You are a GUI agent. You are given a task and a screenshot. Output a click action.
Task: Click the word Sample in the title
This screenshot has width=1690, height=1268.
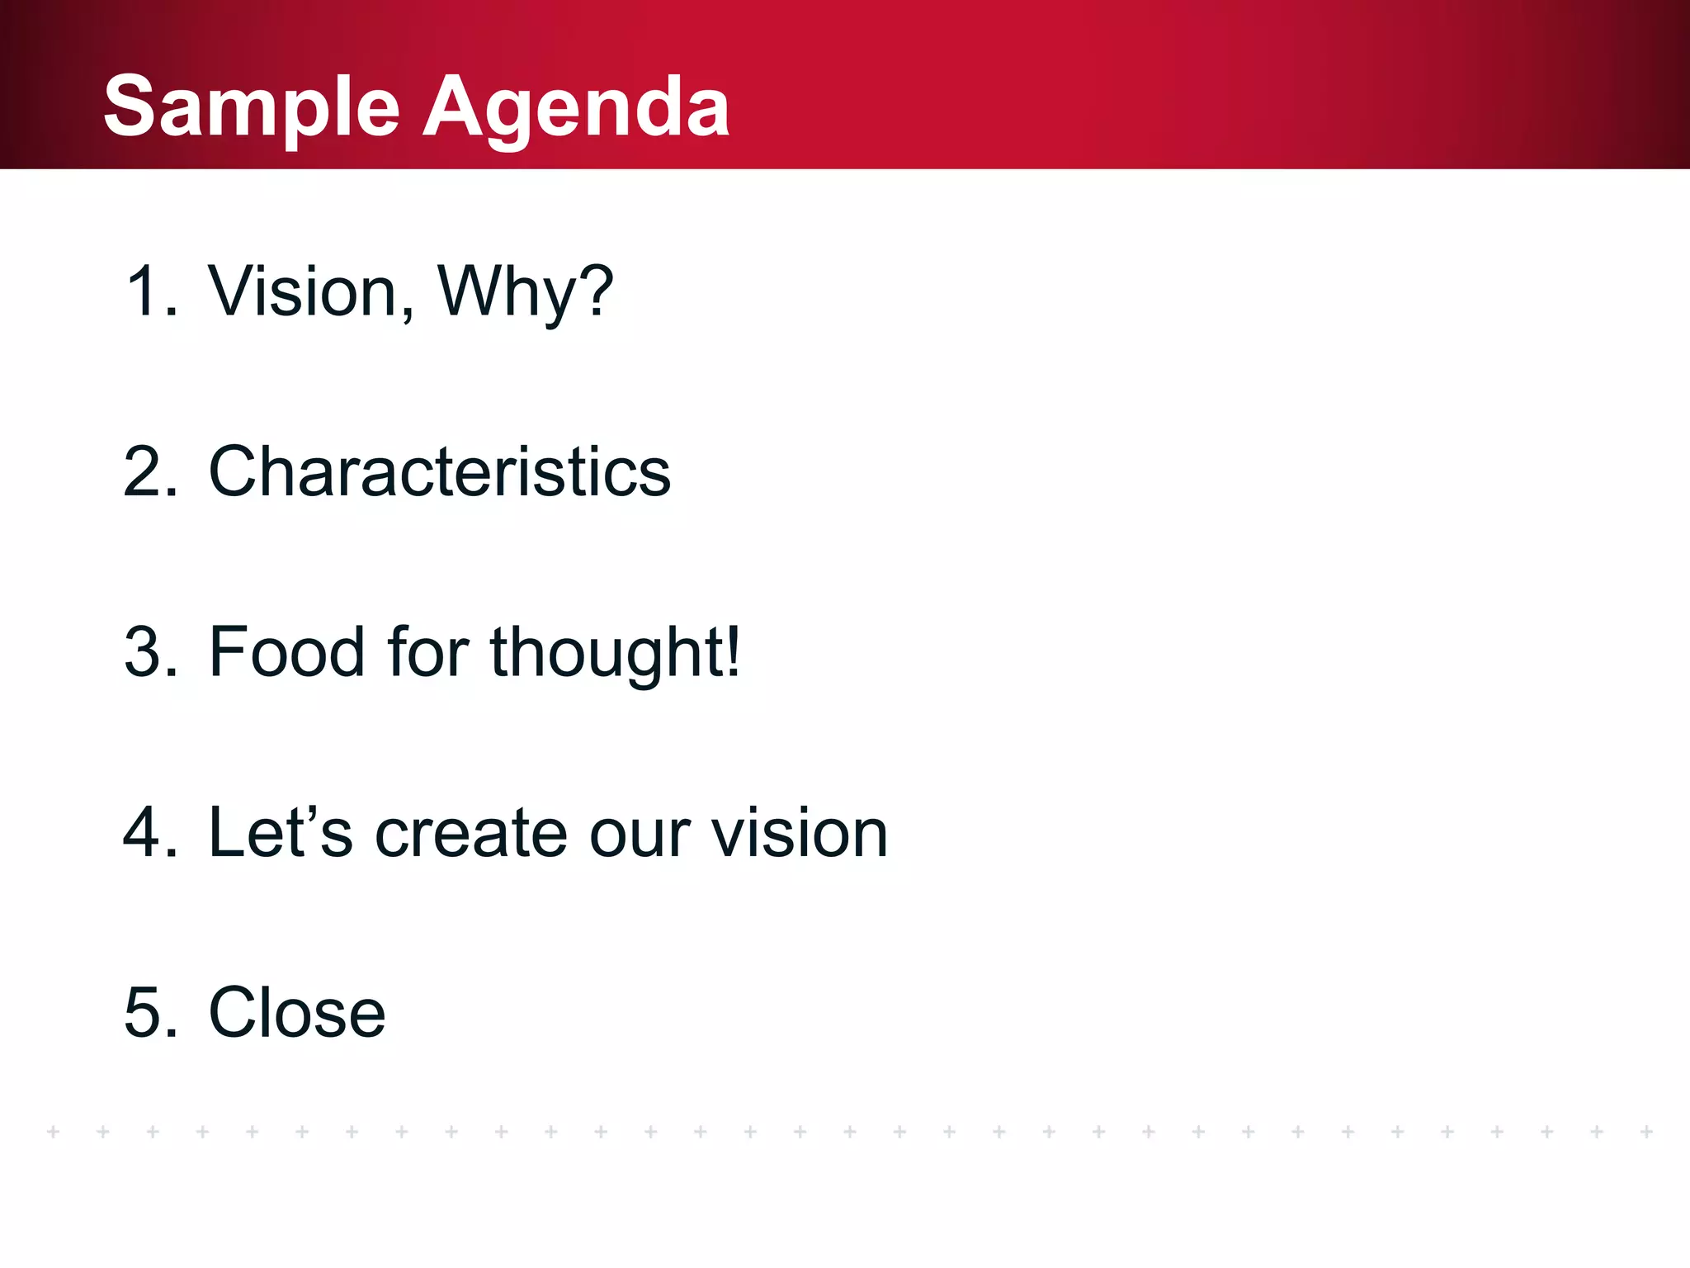(x=252, y=107)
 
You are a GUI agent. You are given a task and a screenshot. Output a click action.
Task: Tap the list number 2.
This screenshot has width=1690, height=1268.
(x=150, y=471)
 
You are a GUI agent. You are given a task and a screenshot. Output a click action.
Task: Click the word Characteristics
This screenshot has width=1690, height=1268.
(x=440, y=471)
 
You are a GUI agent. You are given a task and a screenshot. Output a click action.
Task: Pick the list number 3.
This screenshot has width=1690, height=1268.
(x=150, y=652)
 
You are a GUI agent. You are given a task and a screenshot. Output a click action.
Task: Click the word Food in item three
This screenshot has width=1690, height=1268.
(x=286, y=652)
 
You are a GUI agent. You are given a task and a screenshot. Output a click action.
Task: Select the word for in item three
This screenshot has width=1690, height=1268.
(x=427, y=652)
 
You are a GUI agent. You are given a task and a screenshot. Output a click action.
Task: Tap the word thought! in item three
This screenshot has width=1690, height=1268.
(x=616, y=652)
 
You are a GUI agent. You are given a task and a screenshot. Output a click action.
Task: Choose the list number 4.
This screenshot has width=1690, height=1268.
(x=150, y=832)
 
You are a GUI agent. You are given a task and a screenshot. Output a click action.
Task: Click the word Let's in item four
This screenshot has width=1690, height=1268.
(x=281, y=832)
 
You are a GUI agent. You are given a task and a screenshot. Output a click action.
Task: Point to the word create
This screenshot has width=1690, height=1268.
(x=471, y=832)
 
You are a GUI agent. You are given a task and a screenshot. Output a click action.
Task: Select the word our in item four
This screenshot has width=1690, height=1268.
(x=640, y=832)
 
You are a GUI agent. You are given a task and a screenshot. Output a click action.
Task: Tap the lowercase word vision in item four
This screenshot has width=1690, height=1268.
(x=799, y=832)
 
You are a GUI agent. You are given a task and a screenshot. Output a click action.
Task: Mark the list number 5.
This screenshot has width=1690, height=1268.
(x=150, y=1012)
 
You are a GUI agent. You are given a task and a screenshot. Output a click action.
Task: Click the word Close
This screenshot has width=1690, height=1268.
(x=297, y=1012)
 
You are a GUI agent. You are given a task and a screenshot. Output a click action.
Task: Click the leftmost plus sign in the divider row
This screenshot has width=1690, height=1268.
(x=54, y=1131)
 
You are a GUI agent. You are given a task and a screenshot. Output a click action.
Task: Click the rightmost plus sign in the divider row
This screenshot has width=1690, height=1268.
(x=1646, y=1131)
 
